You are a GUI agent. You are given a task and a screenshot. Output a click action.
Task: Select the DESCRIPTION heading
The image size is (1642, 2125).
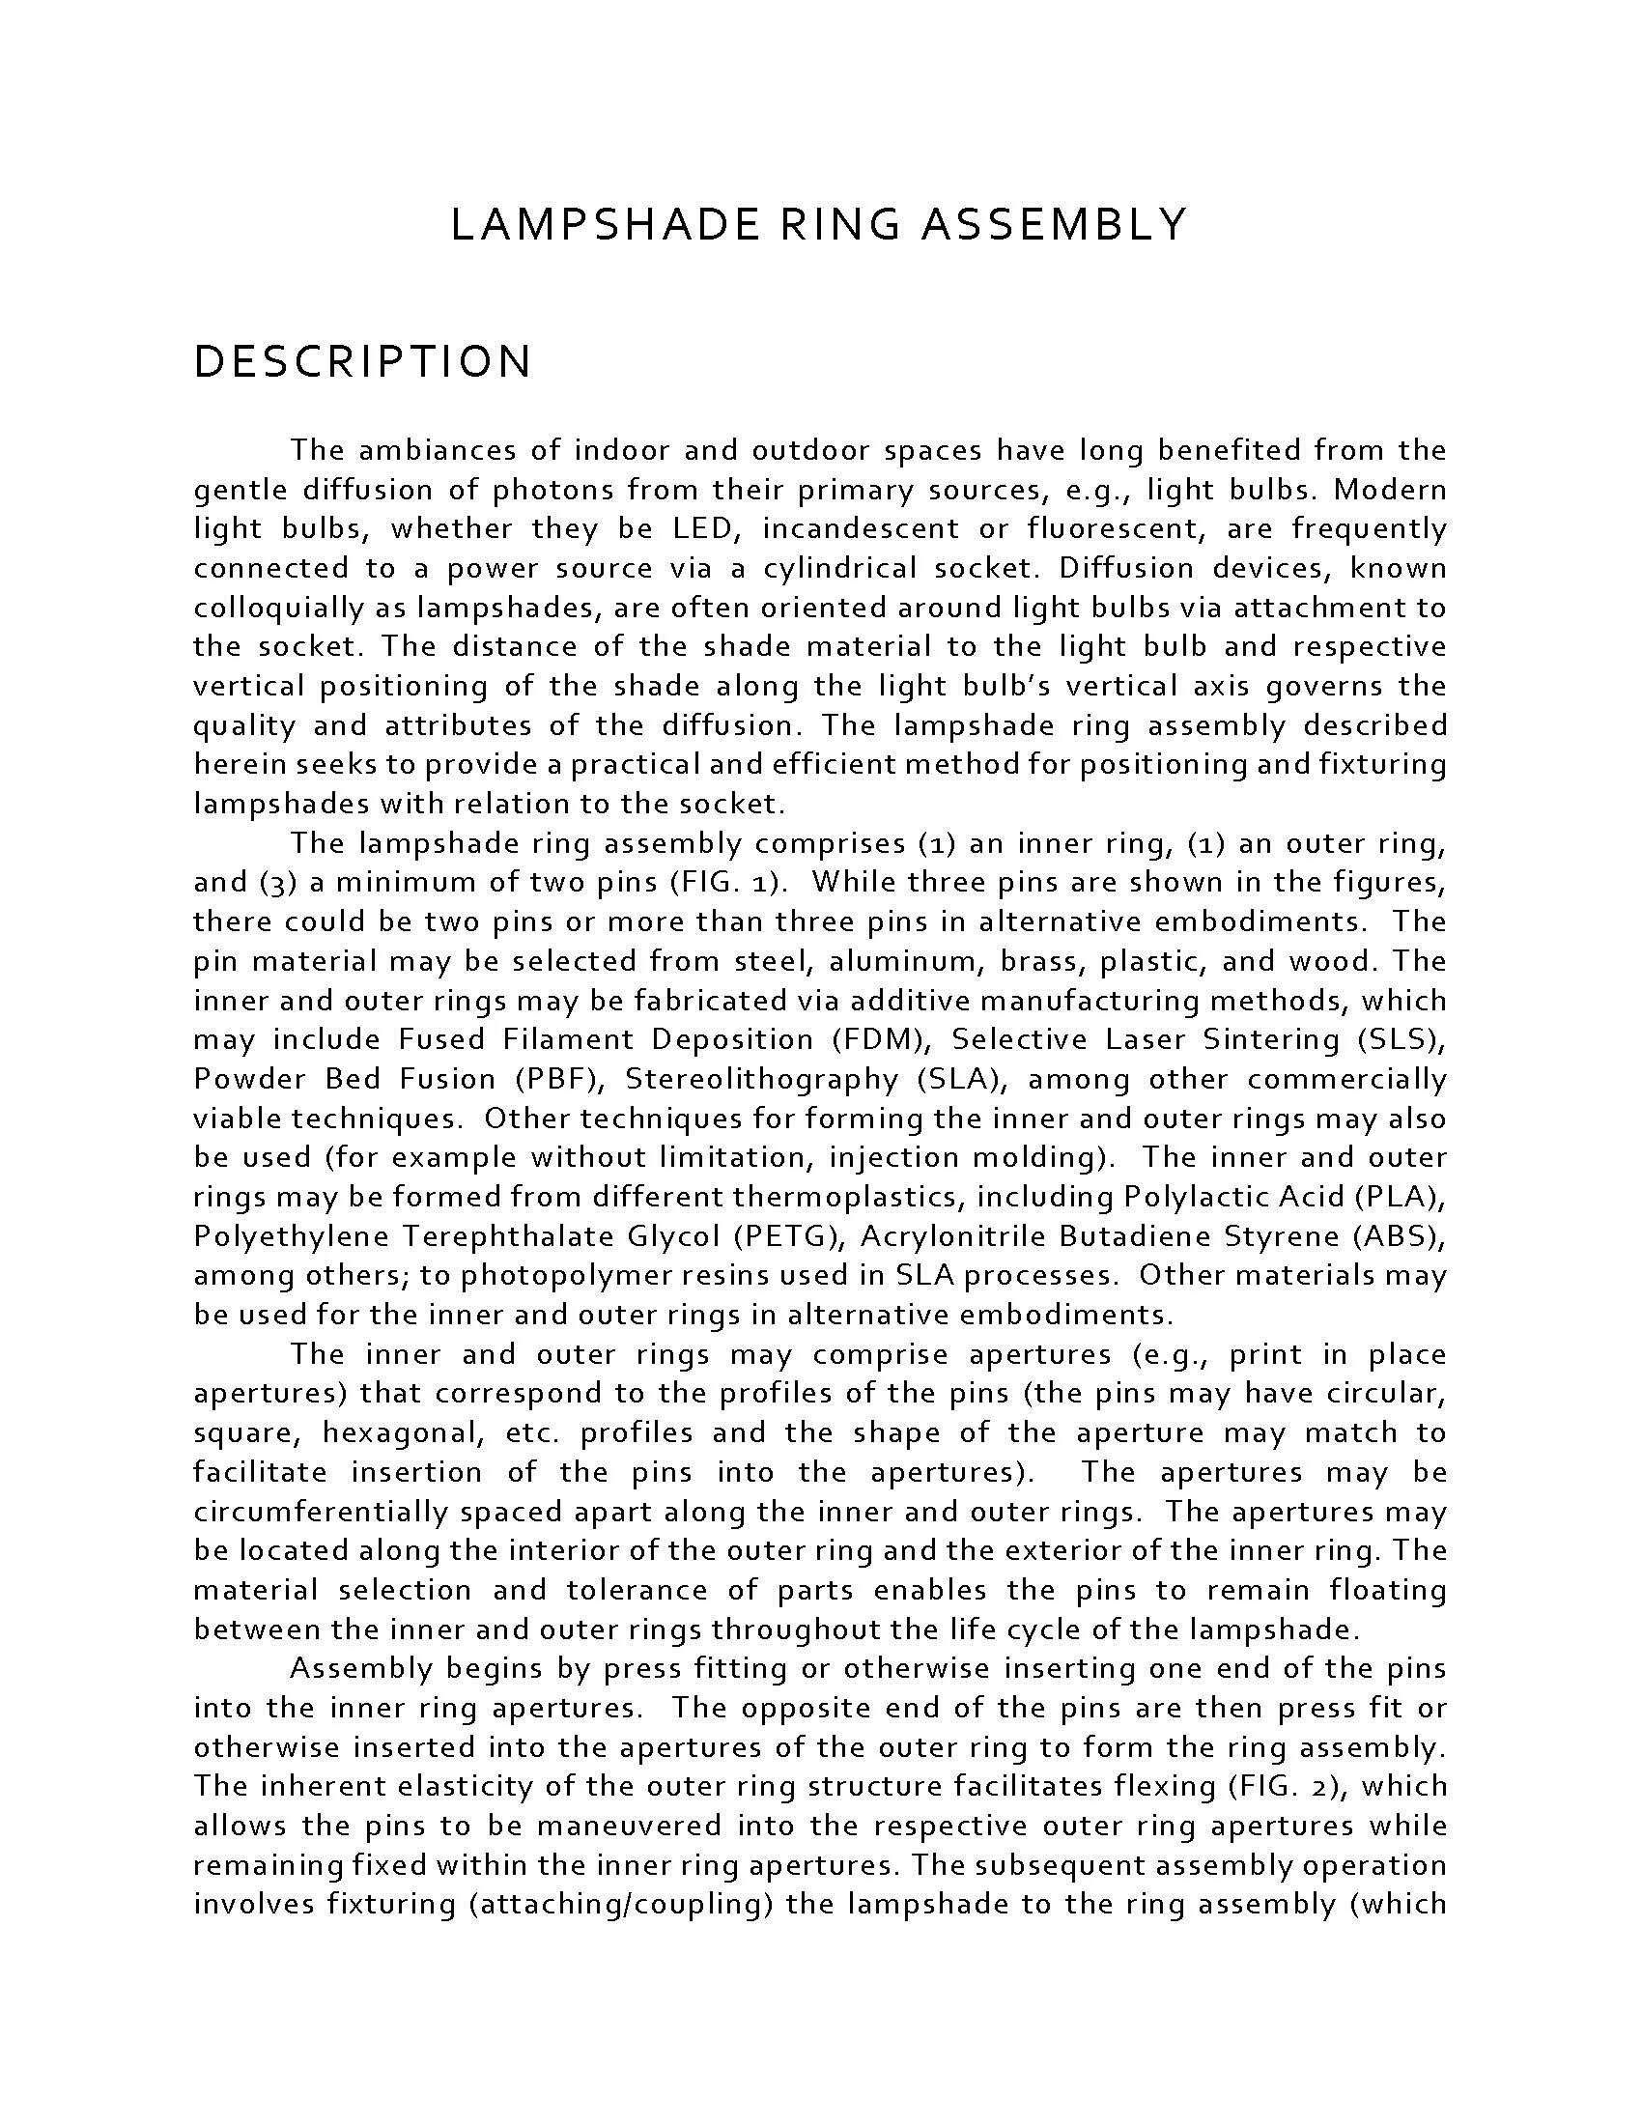(x=363, y=362)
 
